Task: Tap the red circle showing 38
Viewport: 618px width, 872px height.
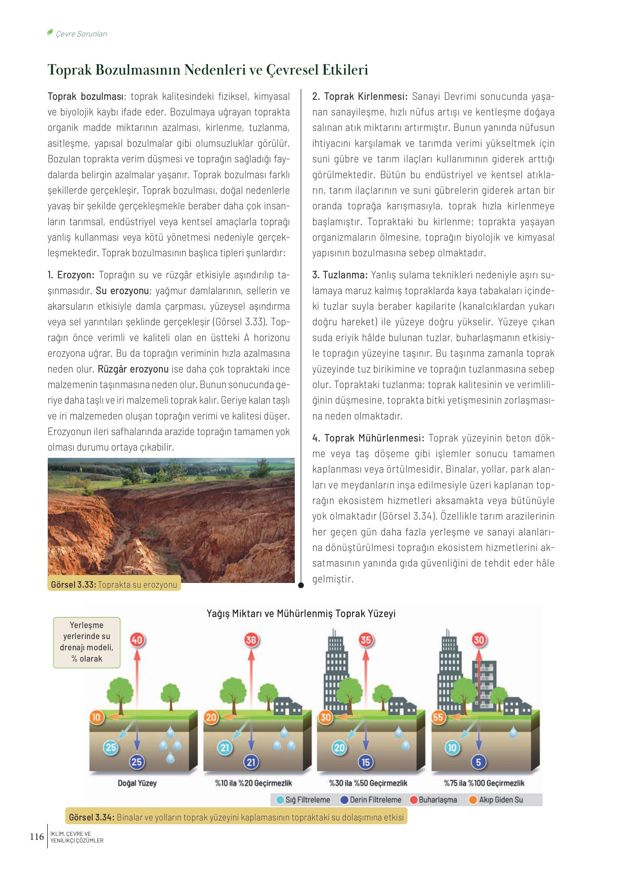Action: [251, 640]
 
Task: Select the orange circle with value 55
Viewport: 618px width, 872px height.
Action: [438, 717]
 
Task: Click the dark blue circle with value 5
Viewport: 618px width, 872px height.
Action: [478, 762]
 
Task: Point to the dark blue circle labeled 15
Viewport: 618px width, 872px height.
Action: [365, 762]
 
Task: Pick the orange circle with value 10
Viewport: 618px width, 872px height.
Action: [96, 717]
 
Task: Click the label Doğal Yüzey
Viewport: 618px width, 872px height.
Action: [137, 783]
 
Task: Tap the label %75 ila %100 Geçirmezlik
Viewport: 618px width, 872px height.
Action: [484, 783]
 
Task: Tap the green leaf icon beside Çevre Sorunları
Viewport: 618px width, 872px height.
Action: [50, 33]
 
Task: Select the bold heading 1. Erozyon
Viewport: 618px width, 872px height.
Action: [71, 275]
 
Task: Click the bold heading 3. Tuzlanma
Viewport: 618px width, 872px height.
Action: [340, 275]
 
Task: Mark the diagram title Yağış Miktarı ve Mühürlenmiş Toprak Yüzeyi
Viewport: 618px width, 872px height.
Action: [301, 614]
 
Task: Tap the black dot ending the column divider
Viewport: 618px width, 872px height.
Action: [301, 586]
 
